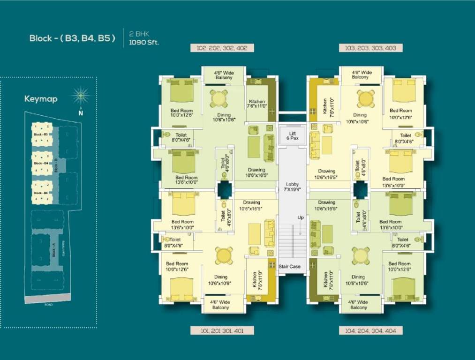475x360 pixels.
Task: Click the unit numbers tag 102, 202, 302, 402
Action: pos(223,48)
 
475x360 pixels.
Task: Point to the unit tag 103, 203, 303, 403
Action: pos(370,48)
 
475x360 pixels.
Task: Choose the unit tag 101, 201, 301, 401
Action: pos(223,330)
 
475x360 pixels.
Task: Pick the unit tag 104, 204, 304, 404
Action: pos(370,330)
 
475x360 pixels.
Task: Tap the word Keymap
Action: pos(41,99)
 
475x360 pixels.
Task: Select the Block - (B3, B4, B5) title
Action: pos(72,38)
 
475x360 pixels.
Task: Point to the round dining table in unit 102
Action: pos(219,98)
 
